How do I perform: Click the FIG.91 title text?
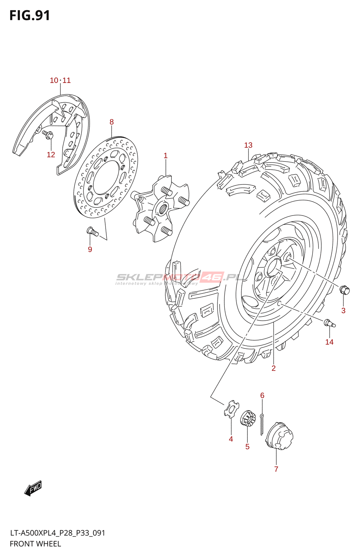30,16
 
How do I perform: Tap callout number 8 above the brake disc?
112,122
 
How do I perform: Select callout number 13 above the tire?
248,145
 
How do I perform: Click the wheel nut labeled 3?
344,290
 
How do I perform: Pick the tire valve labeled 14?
329,323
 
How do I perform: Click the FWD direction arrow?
33,488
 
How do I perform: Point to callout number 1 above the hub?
166,156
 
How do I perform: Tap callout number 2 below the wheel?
274,368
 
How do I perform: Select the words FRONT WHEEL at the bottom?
35,544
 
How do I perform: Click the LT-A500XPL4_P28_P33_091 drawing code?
57,533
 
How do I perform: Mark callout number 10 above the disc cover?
54,80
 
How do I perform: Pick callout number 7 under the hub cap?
276,469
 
